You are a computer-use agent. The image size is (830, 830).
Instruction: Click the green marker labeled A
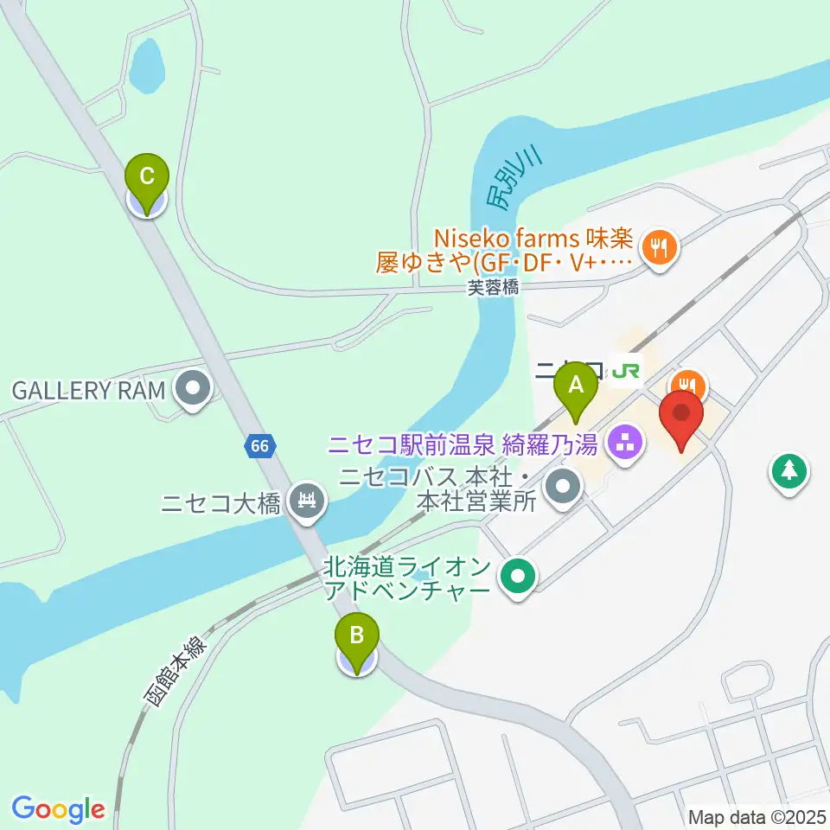578,392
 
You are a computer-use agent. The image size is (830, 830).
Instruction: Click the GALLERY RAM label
87,390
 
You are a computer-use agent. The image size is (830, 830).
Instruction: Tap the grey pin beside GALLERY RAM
192,389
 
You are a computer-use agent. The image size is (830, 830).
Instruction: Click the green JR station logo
625,370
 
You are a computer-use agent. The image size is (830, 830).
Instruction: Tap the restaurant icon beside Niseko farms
661,248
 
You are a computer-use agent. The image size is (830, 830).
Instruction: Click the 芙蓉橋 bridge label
494,290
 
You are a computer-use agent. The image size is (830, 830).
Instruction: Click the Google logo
58,808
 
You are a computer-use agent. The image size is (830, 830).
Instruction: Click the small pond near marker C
146,67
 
